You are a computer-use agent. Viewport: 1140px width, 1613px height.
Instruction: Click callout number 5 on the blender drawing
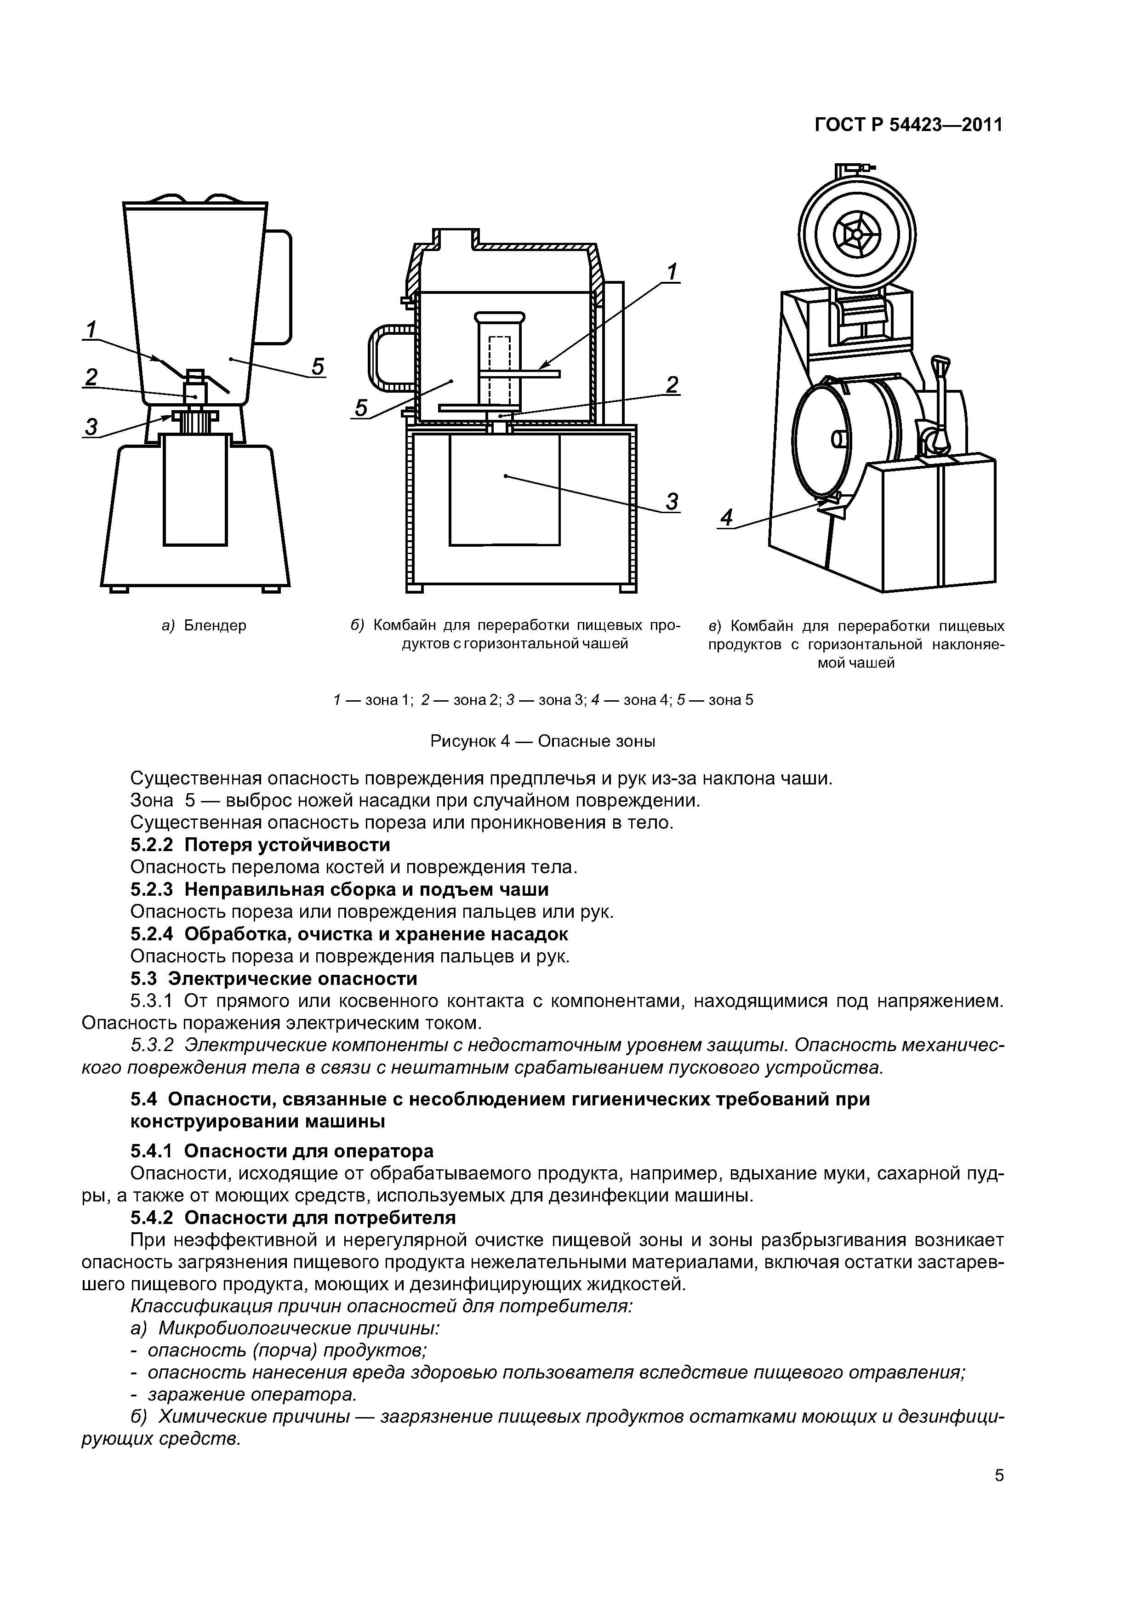318,367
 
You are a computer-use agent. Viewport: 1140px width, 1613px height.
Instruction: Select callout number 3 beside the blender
91,426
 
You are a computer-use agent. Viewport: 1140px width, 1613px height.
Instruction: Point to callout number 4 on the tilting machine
726,519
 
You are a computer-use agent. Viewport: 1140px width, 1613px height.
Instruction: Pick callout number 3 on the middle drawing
672,502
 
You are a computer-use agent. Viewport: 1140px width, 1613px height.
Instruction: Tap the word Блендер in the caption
215,625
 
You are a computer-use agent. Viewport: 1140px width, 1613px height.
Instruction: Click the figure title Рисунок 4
542,741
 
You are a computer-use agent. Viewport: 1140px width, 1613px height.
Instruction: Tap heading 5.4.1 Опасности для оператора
282,1151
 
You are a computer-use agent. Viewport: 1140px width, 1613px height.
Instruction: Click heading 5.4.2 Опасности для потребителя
293,1218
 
